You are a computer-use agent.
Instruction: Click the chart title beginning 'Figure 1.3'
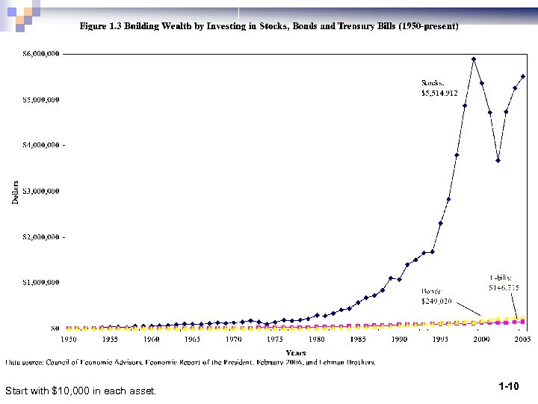(269, 25)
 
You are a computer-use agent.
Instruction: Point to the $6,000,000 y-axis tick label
(42, 54)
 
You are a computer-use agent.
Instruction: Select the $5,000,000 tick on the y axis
(42, 100)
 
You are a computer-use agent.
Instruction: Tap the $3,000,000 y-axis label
(42, 191)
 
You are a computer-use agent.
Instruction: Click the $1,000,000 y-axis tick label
(42, 282)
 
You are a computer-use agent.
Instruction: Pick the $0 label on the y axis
(55, 328)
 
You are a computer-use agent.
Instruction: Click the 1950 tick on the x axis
(68, 339)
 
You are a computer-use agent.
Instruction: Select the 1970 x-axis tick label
(234, 339)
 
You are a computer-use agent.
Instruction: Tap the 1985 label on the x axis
(358, 339)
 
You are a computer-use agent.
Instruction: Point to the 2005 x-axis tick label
(522, 339)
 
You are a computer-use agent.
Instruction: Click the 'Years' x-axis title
(296, 352)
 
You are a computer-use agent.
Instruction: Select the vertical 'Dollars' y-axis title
(16, 192)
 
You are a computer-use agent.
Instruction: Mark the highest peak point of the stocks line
(474, 58)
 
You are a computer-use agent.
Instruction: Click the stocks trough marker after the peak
(498, 160)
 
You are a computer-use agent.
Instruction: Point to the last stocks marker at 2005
(523, 76)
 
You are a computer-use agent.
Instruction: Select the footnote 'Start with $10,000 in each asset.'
(81, 390)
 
